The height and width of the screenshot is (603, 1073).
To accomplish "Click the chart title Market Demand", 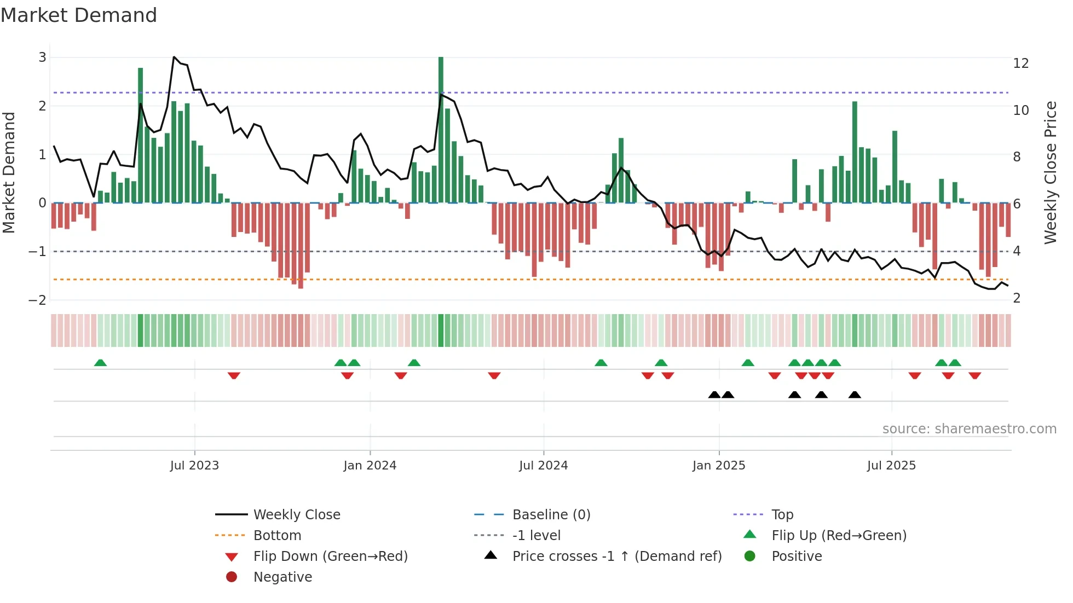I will tap(79, 15).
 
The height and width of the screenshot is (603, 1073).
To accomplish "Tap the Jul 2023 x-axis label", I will tap(194, 466).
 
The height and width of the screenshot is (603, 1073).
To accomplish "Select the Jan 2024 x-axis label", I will tap(370, 466).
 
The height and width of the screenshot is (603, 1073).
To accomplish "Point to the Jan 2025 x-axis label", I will tap(718, 466).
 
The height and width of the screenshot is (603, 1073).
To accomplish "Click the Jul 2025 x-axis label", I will tap(891, 466).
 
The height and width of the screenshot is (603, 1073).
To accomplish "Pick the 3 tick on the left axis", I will tap(42, 57).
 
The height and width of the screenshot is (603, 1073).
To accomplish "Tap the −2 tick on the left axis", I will tap(37, 300).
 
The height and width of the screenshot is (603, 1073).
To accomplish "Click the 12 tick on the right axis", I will tap(1020, 63).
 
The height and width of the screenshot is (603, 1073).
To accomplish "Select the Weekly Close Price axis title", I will tap(1050, 172).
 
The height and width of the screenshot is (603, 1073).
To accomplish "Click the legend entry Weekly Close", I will tap(296, 515).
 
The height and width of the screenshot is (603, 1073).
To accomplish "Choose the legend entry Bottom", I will tap(277, 536).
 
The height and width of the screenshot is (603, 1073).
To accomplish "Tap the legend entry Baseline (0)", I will tap(551, 515).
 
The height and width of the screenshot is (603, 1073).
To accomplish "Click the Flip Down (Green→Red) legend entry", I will tap(330, 556).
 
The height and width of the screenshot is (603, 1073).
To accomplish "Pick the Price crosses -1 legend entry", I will tap(616, 556).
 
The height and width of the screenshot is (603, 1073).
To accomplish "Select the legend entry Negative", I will tap(282, 577).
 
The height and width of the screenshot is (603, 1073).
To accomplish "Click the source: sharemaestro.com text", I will tap(969, 429).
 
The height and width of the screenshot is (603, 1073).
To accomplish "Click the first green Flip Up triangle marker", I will tap(100, 363).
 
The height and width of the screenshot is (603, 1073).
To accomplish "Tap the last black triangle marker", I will tap(855, 395).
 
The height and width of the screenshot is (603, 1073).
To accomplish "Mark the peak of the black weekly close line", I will tap(174, 57).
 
